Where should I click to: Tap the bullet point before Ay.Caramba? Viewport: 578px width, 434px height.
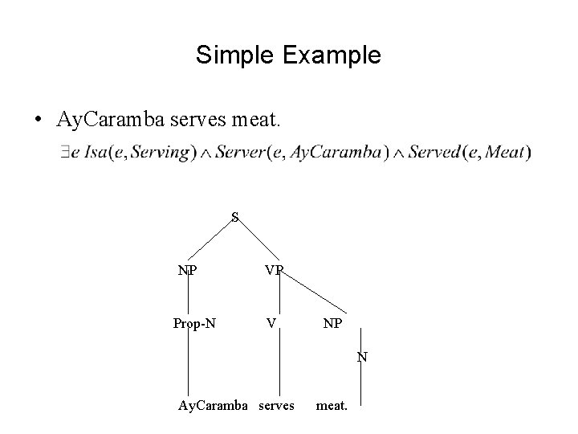coord(39,121)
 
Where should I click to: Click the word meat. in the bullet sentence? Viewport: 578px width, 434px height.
coord(255,121)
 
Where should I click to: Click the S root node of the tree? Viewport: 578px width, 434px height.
coord(234,216)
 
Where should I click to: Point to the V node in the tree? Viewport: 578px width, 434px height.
coord(273,323)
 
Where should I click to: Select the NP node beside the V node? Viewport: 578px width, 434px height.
coord(332,325)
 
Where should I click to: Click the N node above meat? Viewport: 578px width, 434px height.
coord(362,356)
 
